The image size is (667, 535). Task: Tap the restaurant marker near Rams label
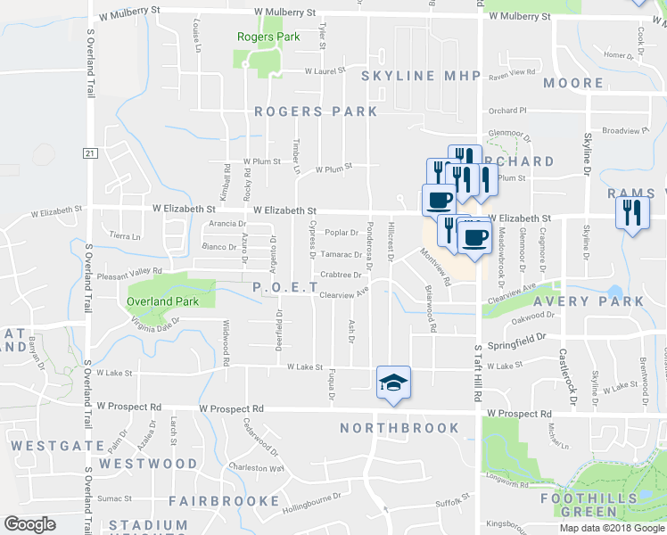pyautogui.click(x=632, y=212)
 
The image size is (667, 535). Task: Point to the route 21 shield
pyautogui.click(x=89, y=153)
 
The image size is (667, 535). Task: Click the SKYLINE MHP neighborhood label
pyautogui.click(x=421, y=77)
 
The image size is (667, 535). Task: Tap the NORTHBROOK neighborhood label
pyautogui.click(x=399, y=428)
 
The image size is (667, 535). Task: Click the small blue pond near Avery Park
pyautogui.click(x=613, y=292)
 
